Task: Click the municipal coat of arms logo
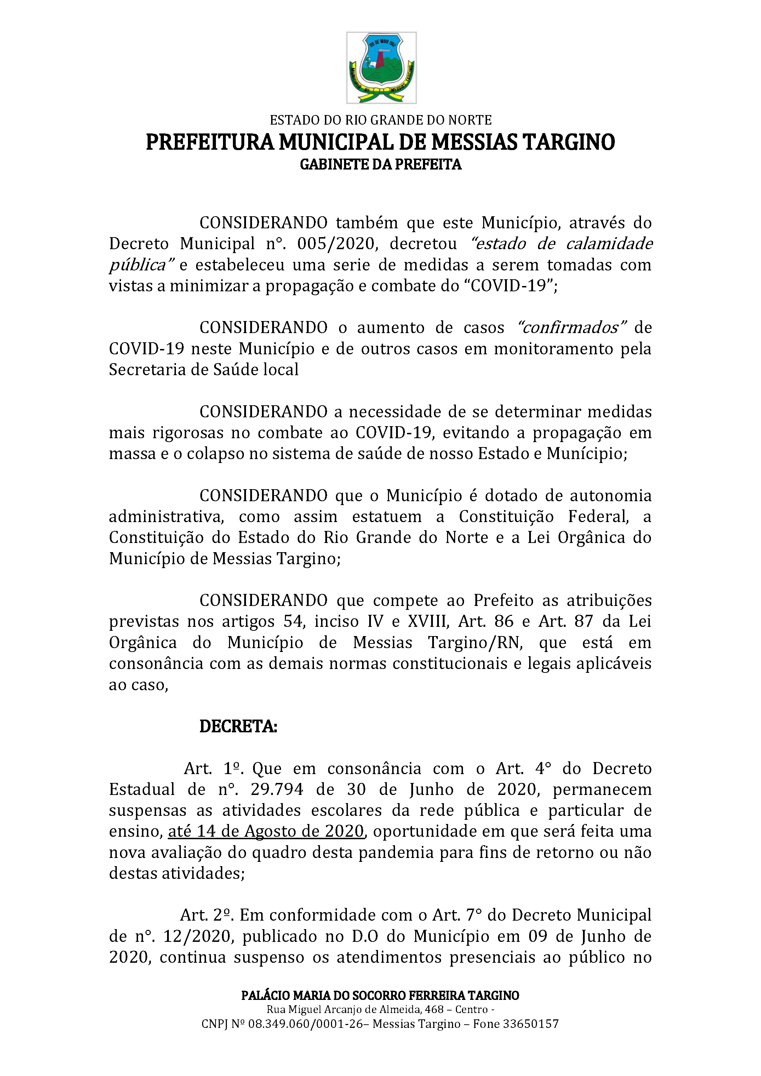[x=381, y=68]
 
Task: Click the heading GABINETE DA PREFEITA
[x=380, y=165]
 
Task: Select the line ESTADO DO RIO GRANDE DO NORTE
[x=380, y=120]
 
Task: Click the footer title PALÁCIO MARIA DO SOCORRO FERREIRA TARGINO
[x=380, y=995]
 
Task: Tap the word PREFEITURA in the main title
[x=210, y=142]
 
